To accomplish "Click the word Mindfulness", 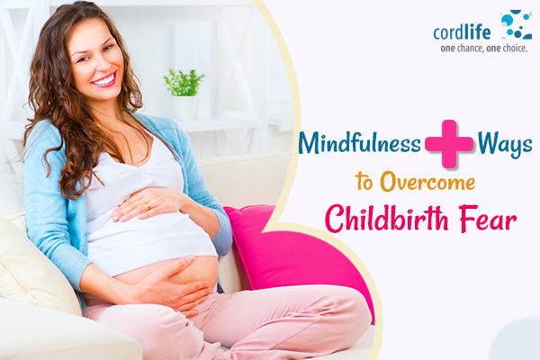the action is point(359,142).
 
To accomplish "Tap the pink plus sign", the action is point(449,144).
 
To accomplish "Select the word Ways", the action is point(505,144).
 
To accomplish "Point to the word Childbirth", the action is point(387,219).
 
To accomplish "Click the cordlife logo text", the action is point(462,32).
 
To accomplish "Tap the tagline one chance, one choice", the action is point(484,49).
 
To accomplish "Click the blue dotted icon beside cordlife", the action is point(516,24).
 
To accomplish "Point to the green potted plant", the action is point(184,83).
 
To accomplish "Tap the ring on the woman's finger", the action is point(148,207).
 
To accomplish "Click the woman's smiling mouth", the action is point(104,80).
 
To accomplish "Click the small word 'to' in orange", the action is point(364,181).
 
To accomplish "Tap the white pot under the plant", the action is point(185,107).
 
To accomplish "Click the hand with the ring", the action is point(148,204).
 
